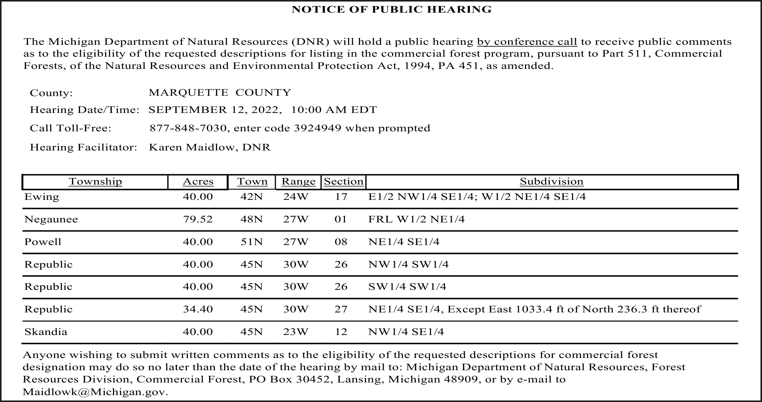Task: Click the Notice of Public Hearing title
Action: point(391,10)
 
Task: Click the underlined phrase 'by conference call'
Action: point(527,42)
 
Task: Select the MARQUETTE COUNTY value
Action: point(220,93)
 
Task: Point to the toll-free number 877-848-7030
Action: point(188,128)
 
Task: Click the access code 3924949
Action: point(317,128)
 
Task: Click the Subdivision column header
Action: point(551,182)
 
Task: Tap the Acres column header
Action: point(198,182)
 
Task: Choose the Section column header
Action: point(343,182)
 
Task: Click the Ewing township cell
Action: point(42,197)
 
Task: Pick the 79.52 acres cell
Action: point(198,219)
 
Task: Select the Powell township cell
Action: point(43,242)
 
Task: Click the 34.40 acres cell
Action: point(198,309)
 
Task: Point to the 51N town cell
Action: point(252,242)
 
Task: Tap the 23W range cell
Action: point(296,332)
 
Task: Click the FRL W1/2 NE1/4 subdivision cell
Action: point(416,219)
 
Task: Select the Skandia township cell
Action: point(46,332)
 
